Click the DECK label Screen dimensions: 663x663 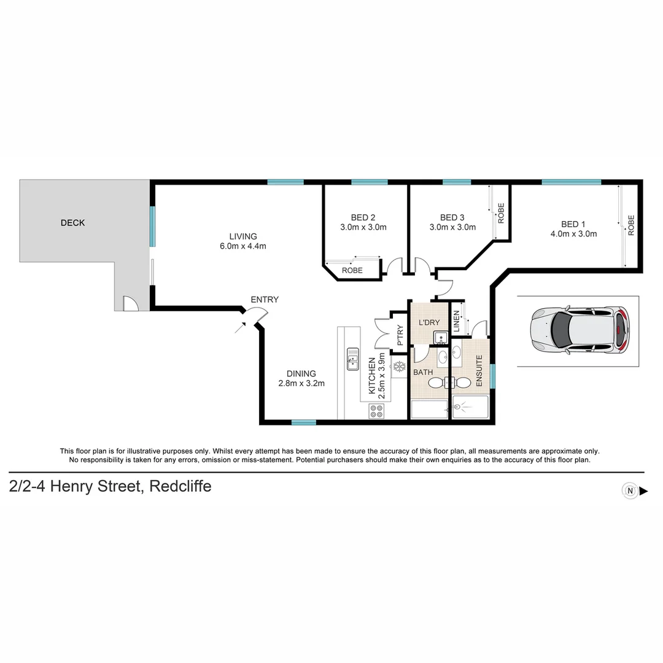click(x=72, y=223)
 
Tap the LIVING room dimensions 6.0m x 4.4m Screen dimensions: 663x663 click(x=243, y=246)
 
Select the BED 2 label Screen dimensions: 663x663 click(x=363, y=217)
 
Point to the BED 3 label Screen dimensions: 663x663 click(x=452, y=217)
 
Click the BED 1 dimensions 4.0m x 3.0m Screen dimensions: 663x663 click(x=573, y=233)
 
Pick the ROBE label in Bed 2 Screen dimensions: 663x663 click(x=352, y=270)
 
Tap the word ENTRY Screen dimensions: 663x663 click(x=265, y=300)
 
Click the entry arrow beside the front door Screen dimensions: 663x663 click(x=239, y=327)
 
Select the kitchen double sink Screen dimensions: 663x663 click(x=353, y=359)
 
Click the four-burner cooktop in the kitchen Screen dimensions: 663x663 click(x=376, y=411)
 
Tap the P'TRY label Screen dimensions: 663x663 click(x=400, y=335)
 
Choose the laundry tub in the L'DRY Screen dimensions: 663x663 click(x=440, y=338)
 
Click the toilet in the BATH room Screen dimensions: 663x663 click(x=437, y=383)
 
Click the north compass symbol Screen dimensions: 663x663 click(x=630, y=490)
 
